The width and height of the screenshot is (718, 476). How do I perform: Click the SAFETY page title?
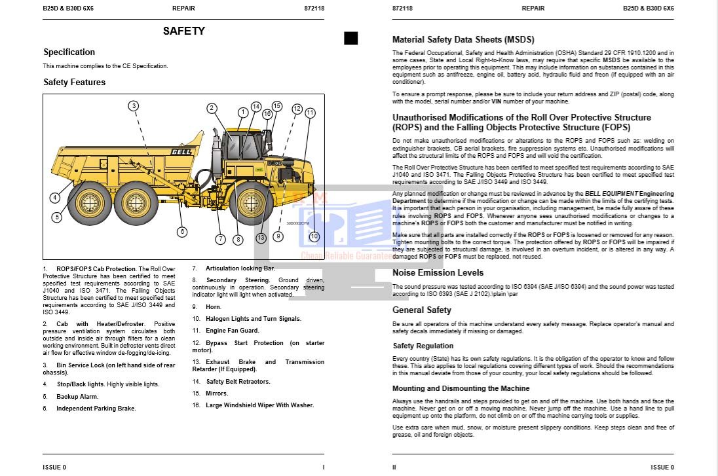pos(183,31)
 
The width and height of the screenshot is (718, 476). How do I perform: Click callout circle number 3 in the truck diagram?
pos(133,106)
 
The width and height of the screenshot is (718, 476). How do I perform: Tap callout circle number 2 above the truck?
pos(212,109)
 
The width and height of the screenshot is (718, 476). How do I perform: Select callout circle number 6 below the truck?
pos(182,231)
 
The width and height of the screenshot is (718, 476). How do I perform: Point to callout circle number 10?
pos(314,236)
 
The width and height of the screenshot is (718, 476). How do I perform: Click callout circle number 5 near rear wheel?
pos(57,217)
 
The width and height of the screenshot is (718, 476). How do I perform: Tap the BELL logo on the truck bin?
pos(181,152)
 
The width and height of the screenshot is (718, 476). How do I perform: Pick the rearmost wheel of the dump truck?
pos(89,202)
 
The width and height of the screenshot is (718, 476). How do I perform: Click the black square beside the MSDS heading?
pos(351,39)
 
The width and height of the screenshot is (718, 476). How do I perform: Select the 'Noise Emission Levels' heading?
pos(438,272)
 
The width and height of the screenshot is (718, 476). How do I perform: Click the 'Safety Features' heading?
pos(74,82)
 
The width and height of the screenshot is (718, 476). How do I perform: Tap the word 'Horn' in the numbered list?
pos(213,306)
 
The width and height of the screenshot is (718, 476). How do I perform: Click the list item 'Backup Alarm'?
pos(77,397)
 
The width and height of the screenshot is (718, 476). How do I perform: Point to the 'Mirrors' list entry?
pos(217,394)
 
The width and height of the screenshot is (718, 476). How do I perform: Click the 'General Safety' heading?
pos(422,310)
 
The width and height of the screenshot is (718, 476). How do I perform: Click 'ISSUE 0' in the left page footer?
pos(54,467)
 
